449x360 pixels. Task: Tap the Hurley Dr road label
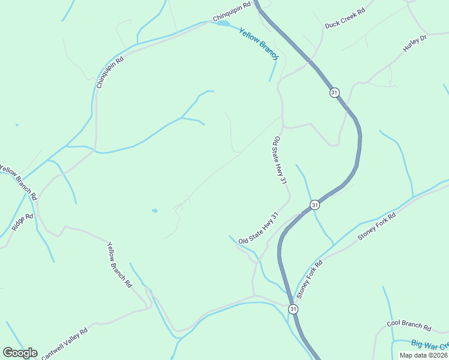click(414, 43)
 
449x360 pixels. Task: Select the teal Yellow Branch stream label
click(259, 44)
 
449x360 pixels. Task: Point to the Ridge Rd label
click(22, 220)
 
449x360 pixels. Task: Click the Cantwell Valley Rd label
click(65, 343)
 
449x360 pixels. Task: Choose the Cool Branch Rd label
click(409, 325)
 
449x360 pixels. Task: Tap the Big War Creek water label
click(430, 344)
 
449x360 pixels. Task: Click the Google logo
click(20, 352)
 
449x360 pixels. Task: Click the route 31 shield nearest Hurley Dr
click(334, 92)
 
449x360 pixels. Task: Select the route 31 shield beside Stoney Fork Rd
click(315, 205)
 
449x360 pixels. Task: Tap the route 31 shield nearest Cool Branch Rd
click(293, 308)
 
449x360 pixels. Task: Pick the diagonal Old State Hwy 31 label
click(259, 228)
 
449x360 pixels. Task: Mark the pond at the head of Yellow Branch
click(222, 23)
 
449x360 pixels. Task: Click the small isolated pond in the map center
click(154, 211)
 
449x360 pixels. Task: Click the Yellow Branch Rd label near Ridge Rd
click(19, 182)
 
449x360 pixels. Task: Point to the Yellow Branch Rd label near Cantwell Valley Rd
click(119, 264)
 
